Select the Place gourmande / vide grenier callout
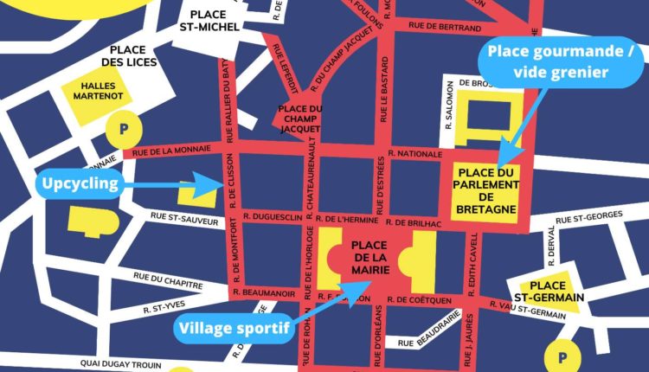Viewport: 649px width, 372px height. coord(562,63)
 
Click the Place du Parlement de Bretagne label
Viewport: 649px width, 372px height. coord(485,189)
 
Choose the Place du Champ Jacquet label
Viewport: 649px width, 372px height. coord(299,119)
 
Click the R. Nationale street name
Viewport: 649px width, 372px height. coord(415,153)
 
